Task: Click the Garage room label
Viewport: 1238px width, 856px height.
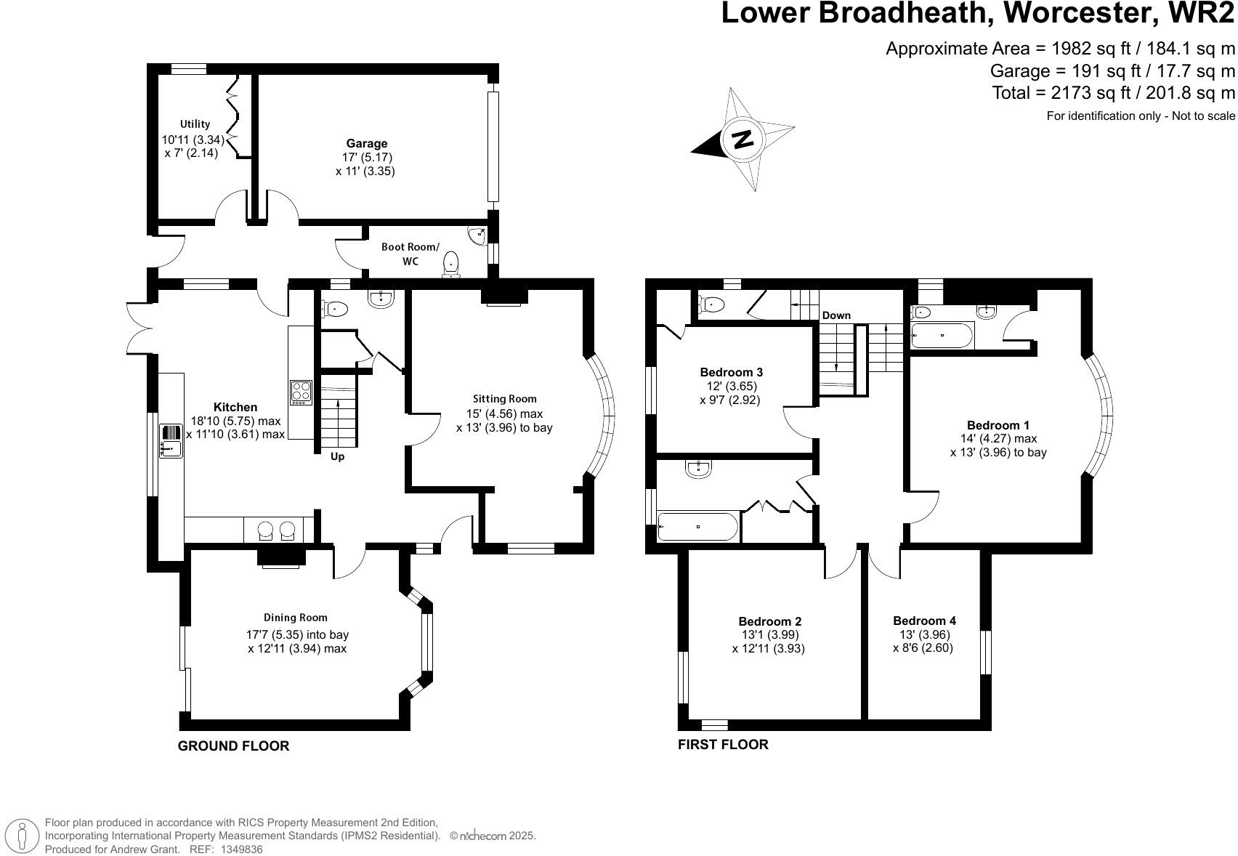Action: [366, 144]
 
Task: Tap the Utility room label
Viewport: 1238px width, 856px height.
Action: [195, 124]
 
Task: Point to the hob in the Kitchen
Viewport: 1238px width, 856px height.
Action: [301, 392]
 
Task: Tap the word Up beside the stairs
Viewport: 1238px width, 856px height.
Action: [337, 456]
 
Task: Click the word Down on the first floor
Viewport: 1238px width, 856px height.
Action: [836, 315]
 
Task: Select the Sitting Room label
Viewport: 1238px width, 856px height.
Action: [504, 398]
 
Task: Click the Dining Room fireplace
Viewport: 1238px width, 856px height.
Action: [280, 557]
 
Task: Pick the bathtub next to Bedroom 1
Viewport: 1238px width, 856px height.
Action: [941, 336]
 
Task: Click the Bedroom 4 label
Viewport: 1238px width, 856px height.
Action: [924, 621]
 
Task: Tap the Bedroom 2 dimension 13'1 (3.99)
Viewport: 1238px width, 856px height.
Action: [769, 635]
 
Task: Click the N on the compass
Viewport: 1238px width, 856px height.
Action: [743, 139]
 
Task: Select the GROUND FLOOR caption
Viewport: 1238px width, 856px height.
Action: [233, 746]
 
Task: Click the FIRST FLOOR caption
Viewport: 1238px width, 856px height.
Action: [722, 745]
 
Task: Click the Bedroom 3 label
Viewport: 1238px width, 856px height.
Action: [730, 372]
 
